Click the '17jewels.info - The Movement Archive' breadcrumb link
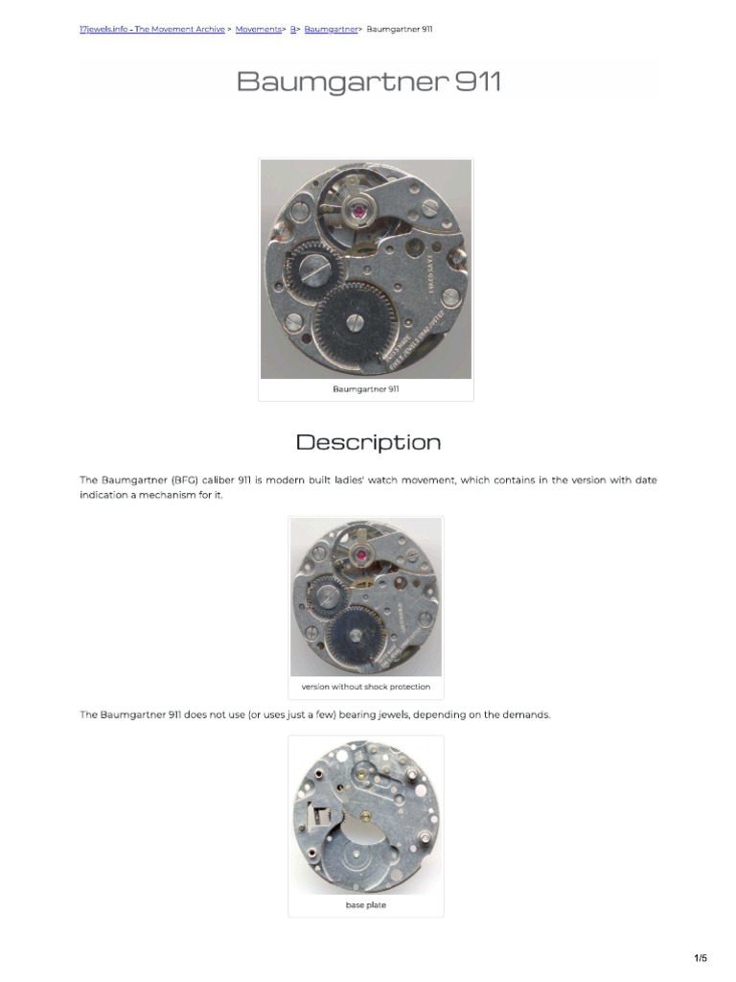(151, 30)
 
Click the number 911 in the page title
(477, 82)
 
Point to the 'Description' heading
(368, 442)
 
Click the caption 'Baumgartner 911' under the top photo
(366, 389)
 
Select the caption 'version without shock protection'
(365, 687)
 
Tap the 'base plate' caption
(365, 904)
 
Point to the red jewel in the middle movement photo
(362, 554)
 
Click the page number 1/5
(701, 958)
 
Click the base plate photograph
(365, 817)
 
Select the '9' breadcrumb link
(293, 30)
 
